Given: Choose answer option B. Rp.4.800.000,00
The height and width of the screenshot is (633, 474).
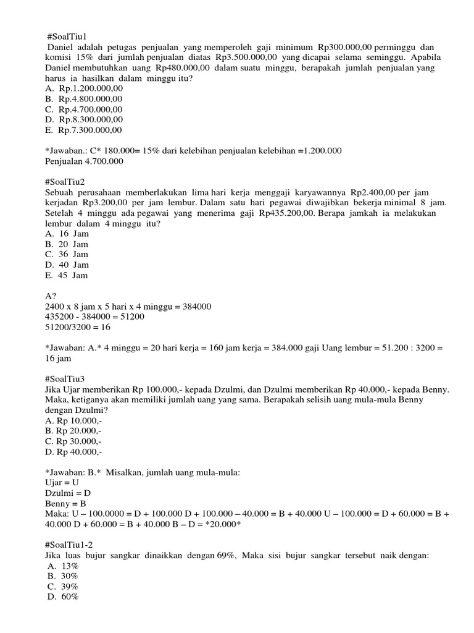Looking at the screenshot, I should pos(84,98).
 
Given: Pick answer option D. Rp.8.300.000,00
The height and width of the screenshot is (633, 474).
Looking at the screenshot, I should pos(84,119).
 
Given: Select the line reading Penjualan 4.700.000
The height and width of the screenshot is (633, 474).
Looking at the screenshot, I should pos(85,161).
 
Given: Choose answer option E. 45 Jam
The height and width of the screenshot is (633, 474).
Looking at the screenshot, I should pos(67,275).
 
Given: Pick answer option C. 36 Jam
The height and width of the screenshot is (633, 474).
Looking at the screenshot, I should pos(67,254).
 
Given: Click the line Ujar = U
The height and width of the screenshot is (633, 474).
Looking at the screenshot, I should pos(62,483).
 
